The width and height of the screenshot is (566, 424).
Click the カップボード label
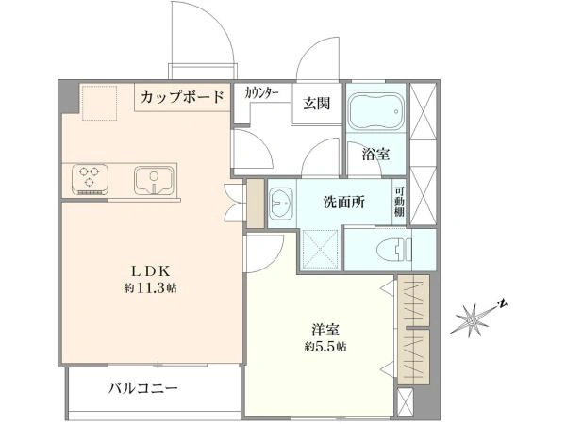click(182, 97)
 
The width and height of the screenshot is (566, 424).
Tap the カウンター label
click(261, 93)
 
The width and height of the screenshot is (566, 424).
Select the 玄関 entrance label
click(317, 104)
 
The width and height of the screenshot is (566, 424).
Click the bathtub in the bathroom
click(376, 111)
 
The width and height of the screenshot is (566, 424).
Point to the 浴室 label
click(376, 155)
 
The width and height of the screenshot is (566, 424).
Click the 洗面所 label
click(343, 202)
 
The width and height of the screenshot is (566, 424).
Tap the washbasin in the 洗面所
click(281, 204)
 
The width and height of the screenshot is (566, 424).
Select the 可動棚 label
click(399, 202)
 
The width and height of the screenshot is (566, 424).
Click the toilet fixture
click(393, 249)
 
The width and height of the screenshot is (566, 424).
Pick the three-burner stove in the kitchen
click(90, 180)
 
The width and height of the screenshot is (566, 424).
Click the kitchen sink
click(154, 180)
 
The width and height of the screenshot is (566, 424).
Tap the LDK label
click(150, 270)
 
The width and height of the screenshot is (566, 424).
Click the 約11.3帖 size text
click(151, 288)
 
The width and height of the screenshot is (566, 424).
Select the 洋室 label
click(325, 330)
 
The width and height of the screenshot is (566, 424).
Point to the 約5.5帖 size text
click(325, 347)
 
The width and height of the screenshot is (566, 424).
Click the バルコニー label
click(143, 388)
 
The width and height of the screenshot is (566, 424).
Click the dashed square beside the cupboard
click(100, 103)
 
